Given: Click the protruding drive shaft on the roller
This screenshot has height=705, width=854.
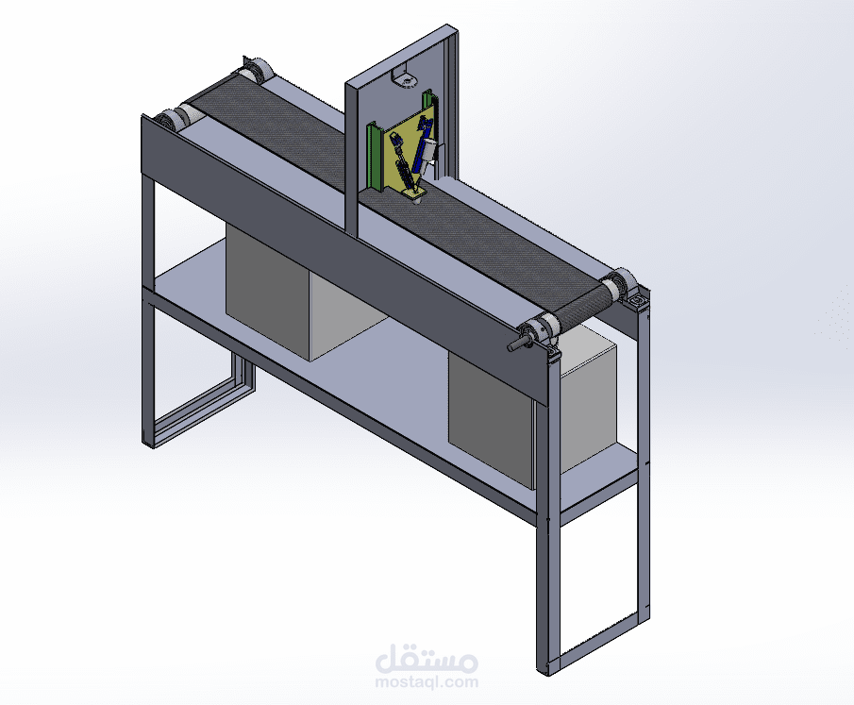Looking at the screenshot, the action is [518, 344].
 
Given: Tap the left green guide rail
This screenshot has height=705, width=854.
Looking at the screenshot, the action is [376, 156].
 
